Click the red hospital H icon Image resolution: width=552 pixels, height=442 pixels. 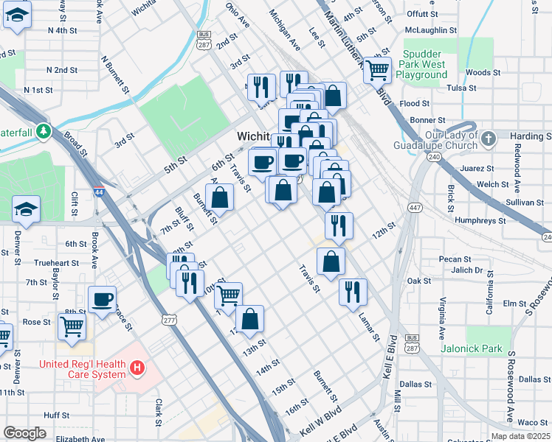click(x=136, y=367)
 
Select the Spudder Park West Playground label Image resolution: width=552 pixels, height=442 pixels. click(x=435, y=66)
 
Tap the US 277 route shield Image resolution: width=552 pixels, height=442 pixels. click(x=169, y=318)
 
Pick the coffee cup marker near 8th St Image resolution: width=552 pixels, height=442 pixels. click(x=102, y=299)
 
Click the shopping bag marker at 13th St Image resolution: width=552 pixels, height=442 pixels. click(x=250, y=318)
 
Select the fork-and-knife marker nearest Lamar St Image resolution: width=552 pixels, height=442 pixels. click(x=353, y=291)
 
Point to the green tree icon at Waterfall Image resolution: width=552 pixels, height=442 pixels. click(x=45, y=131)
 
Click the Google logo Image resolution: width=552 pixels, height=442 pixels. click(x=24, y=433)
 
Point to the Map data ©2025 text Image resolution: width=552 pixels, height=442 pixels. click(x=520, y=436)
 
